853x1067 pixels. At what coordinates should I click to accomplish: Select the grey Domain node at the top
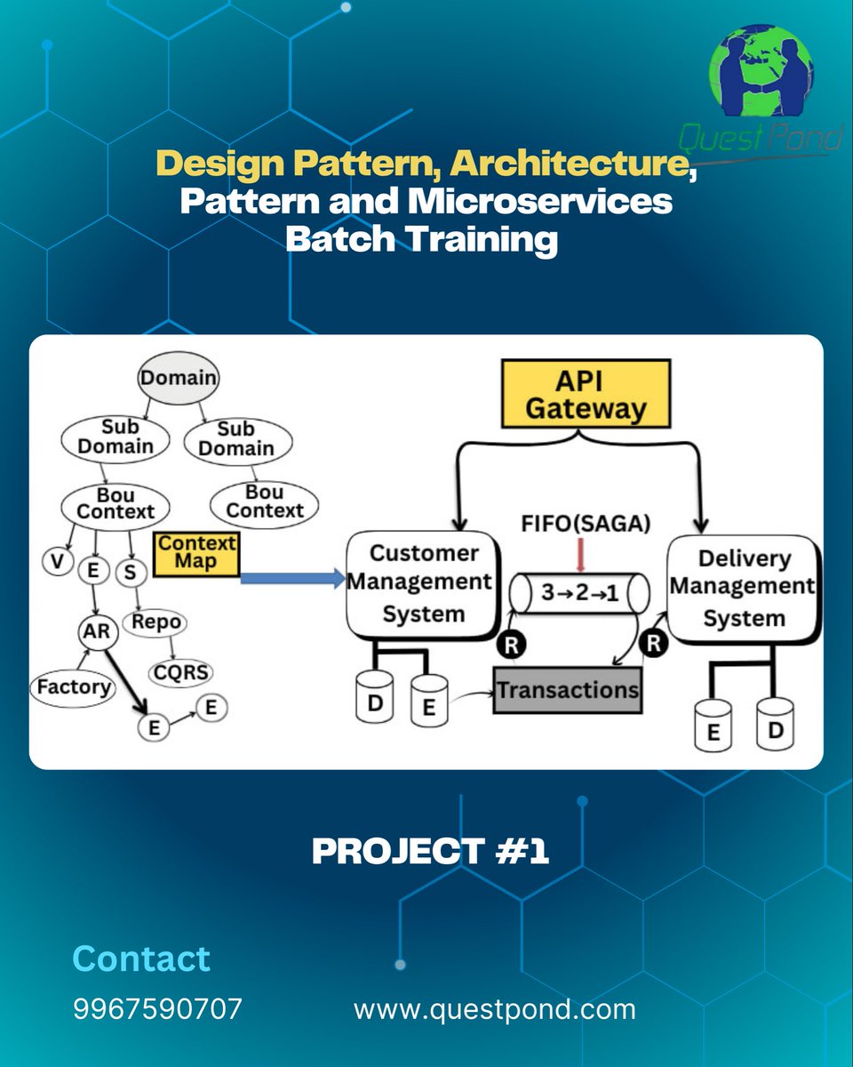[178, 377]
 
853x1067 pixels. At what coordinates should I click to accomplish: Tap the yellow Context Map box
[196, 553]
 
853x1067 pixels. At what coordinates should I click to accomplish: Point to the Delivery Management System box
[743, 588]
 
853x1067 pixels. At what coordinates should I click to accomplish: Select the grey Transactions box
[567, 689]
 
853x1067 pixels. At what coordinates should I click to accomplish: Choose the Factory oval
[73, 686]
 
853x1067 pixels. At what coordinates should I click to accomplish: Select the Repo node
[155, 622]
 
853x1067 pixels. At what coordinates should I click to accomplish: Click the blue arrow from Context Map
[293, 579]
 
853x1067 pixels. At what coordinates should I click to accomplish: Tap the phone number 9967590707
[157, 1009]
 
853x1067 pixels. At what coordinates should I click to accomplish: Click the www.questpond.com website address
[494, 1009]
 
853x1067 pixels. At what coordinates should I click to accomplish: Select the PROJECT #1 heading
[430, 851]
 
